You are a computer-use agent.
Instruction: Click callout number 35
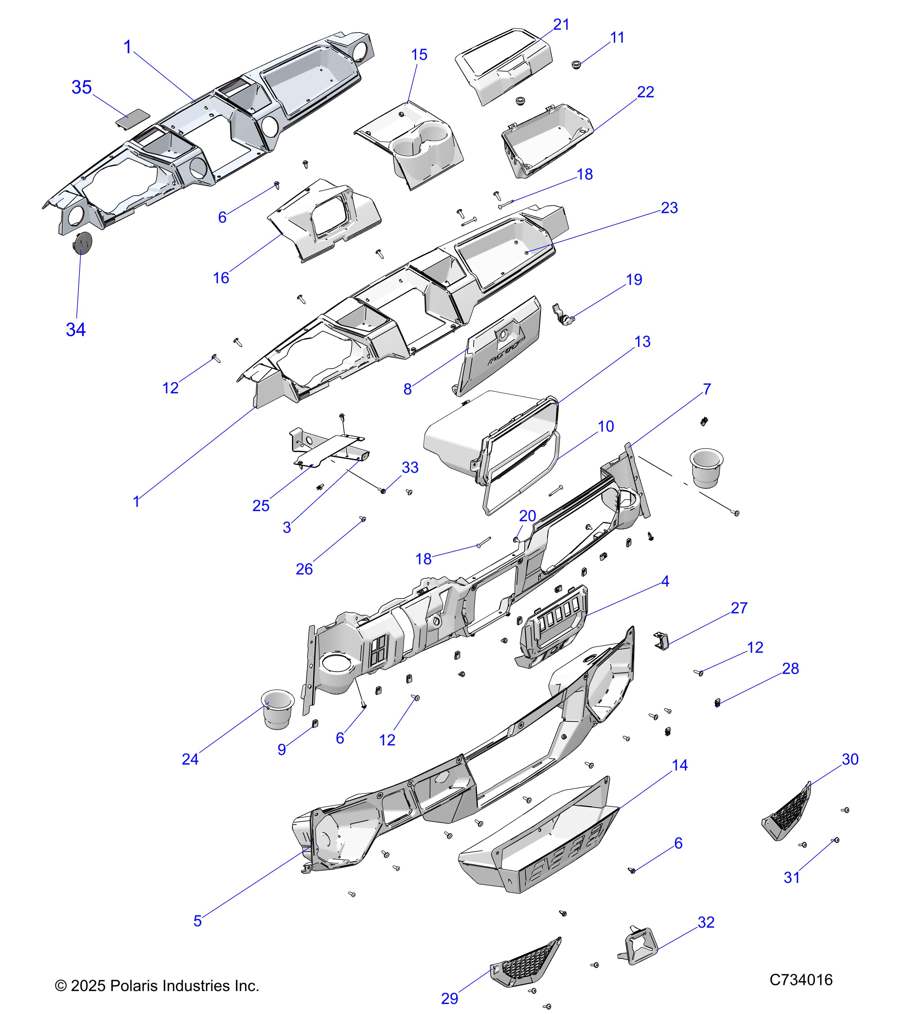[82, 87]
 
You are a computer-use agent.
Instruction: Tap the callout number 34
[76, 329]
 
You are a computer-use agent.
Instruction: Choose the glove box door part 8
[501, 352]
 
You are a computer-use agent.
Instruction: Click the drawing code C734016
[801, 980]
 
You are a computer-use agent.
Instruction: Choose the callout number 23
[669, 208]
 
